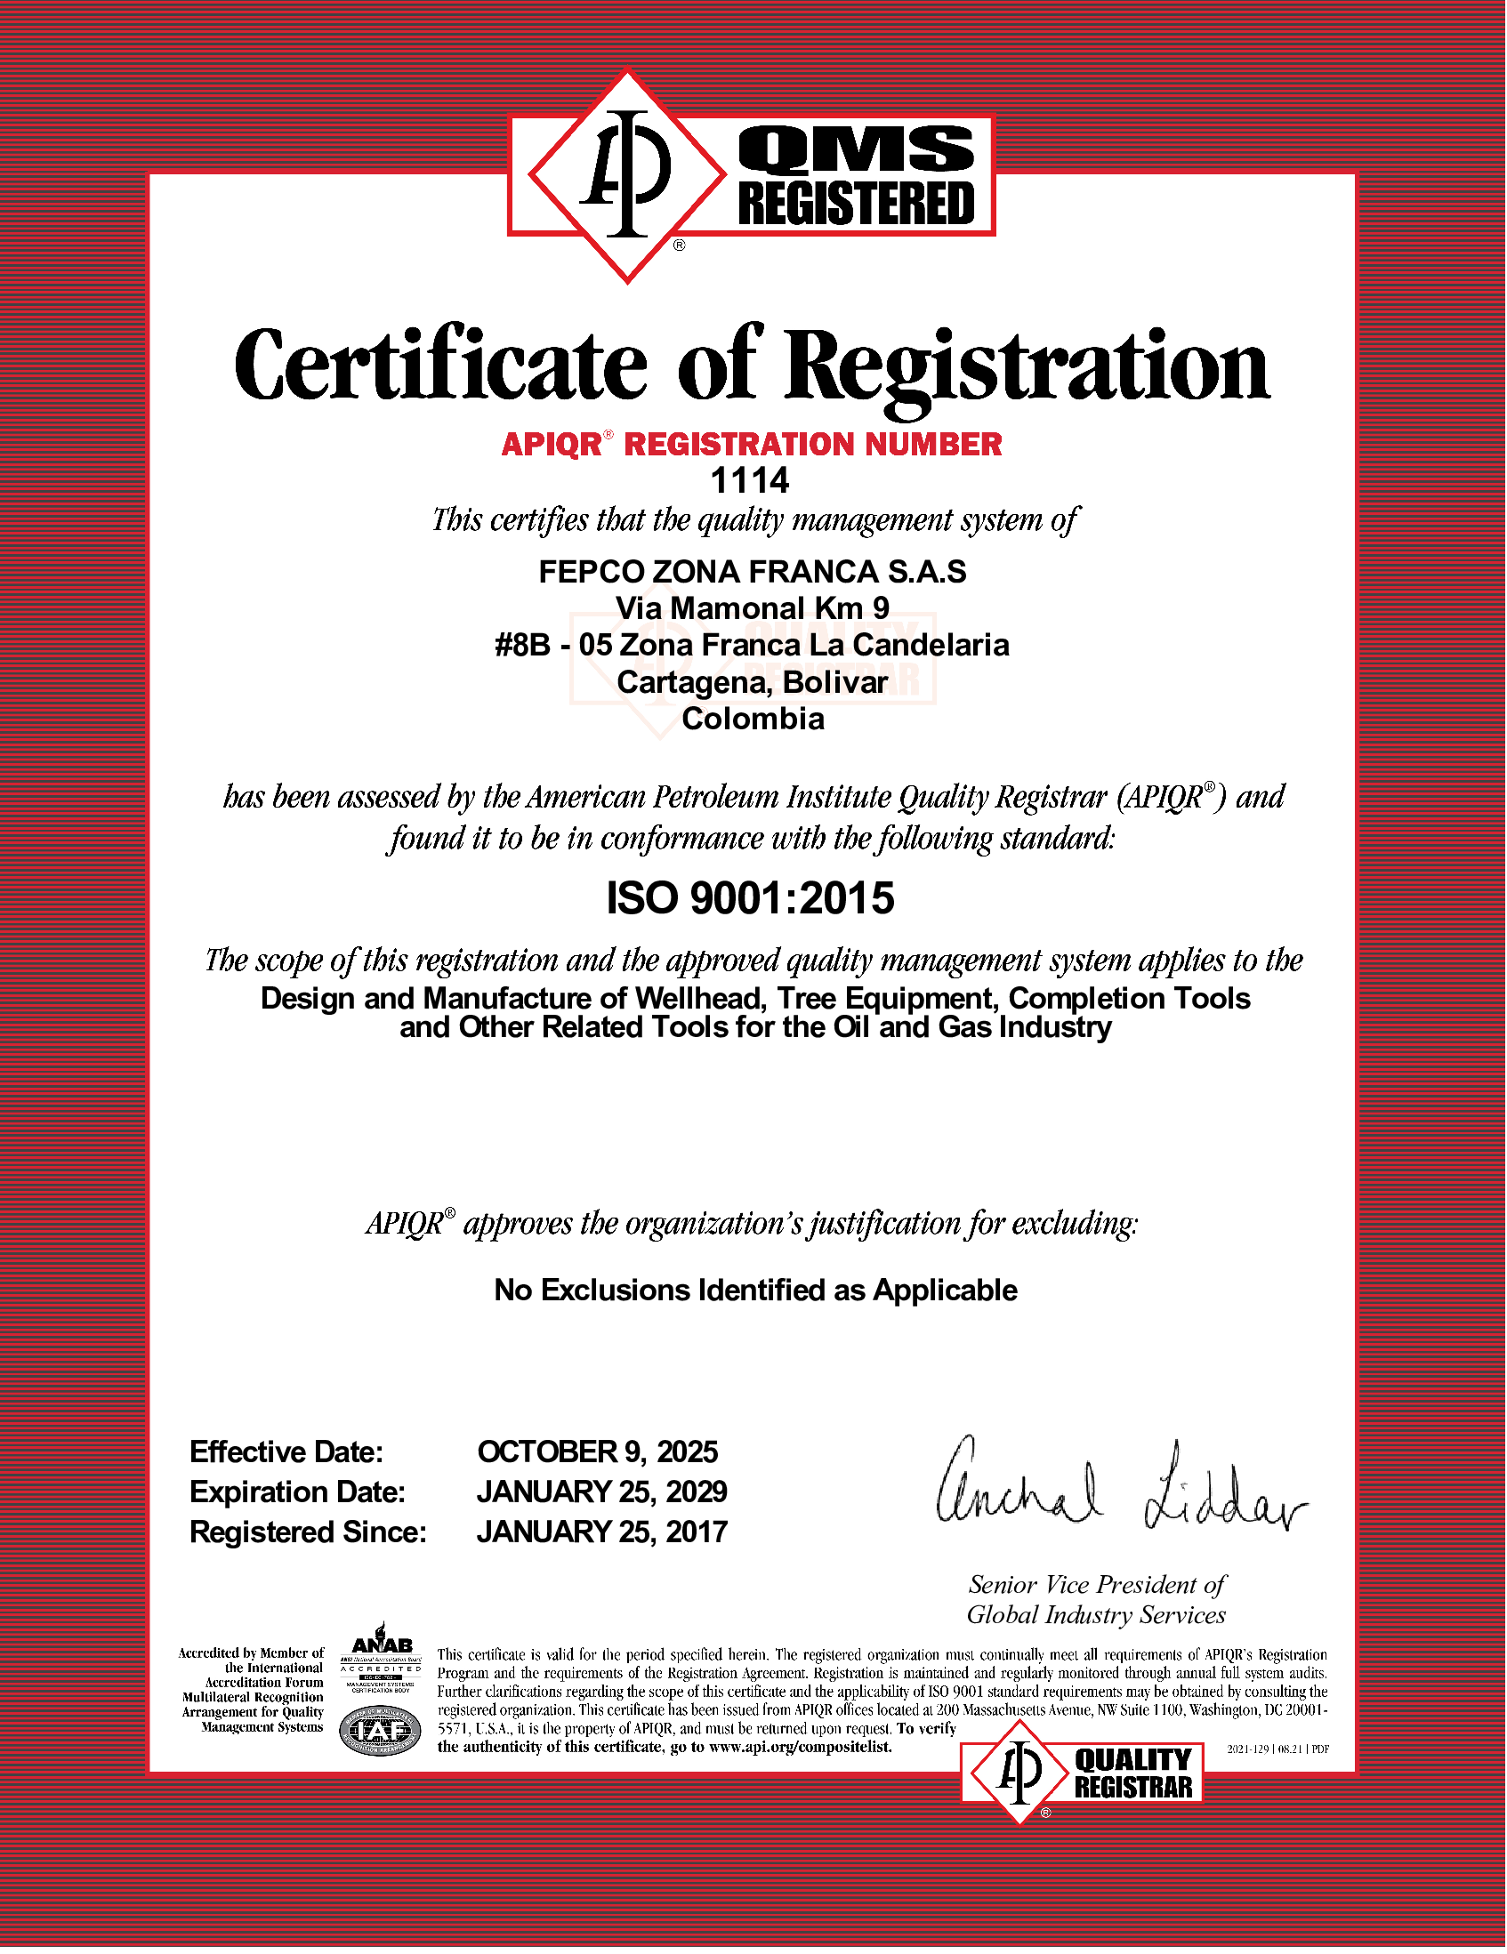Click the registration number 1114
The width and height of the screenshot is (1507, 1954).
[750, 481]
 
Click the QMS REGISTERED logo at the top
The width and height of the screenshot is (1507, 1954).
[752, 175]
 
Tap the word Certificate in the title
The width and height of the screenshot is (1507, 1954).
[440, 365]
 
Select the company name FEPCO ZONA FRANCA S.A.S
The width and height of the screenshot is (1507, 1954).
[752, 572]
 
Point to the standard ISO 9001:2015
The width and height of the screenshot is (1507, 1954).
[750, 898]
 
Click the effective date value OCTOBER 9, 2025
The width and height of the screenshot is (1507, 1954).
[598, 1451]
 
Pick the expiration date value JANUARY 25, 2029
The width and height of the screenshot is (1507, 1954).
[601, 1492]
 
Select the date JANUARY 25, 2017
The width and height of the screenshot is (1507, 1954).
[601, 1532]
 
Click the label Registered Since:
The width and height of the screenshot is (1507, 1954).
[308, 1532]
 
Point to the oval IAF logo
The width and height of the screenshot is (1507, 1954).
[381, 1733]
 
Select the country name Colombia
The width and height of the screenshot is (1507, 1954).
[753, 719]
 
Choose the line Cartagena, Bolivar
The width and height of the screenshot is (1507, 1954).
[752, 682]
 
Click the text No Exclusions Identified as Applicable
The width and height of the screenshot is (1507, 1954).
[755, 1291]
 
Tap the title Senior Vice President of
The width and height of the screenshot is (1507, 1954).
[1096, 1585]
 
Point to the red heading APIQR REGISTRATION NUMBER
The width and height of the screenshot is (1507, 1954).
[752, 444]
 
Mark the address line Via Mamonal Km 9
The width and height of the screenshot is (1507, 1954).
[752, 608]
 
